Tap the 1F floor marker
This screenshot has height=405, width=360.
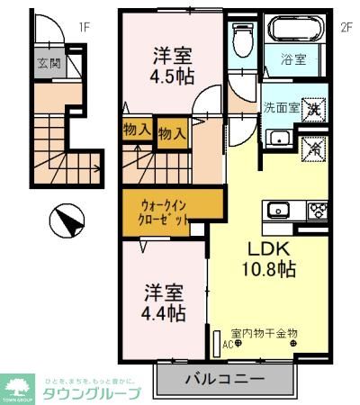coord(84,27)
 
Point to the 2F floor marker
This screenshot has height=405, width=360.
coord(345,27)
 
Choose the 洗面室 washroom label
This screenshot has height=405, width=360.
coord(281,108)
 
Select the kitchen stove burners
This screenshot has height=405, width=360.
coord(318,212)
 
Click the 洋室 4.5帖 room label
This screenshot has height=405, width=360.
coord(172,65)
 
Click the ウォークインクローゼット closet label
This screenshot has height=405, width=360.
coord(164,211)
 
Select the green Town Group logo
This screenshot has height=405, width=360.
coord(18,387)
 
